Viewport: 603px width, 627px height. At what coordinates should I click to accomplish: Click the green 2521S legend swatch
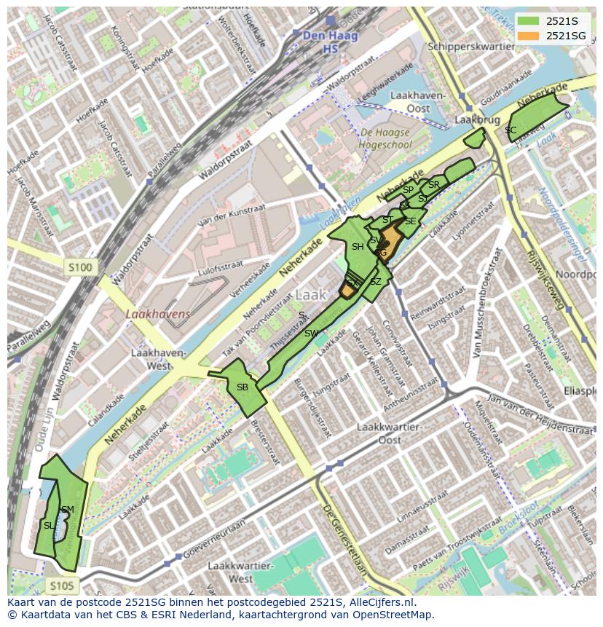pos(529,20)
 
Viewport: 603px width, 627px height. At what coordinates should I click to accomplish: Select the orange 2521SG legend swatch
pos(529,36)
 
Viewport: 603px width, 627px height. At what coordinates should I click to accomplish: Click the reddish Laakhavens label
pos(157,314)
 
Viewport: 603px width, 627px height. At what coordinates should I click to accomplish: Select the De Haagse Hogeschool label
pos(385,138)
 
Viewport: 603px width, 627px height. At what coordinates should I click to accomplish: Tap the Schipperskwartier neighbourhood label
pos(472,45)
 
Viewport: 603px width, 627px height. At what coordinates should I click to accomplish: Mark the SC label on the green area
pos(511,130)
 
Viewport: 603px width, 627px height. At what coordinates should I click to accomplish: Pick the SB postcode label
pos(243,387)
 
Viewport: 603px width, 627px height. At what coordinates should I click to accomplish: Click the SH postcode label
pos(358,247)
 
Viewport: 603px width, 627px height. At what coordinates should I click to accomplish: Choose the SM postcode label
pos(67,509)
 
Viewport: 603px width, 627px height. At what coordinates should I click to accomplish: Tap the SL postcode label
pos(49,525)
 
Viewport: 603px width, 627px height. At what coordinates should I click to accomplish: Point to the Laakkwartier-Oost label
pos(389,433)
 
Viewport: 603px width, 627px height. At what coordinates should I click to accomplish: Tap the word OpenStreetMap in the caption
pos(395,615)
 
